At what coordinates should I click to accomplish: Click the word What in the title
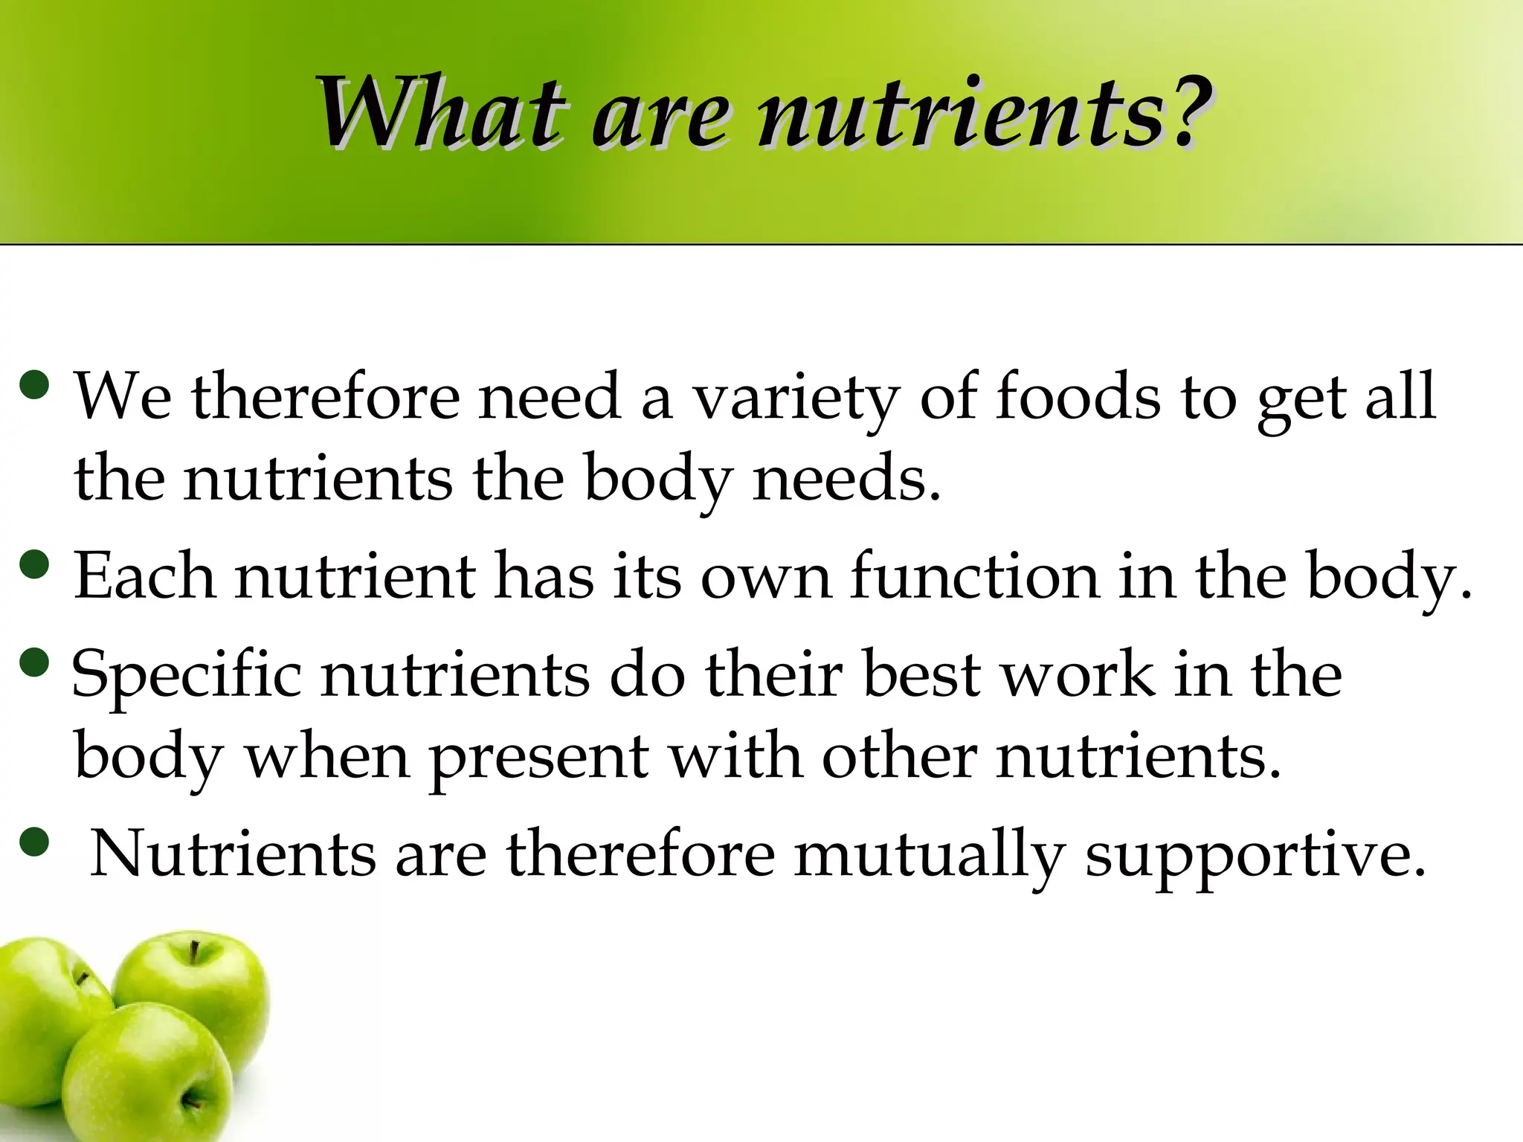pos(439,113)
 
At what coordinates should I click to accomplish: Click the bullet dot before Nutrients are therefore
pos(36,842)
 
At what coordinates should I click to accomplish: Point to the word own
pos(765,578)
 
